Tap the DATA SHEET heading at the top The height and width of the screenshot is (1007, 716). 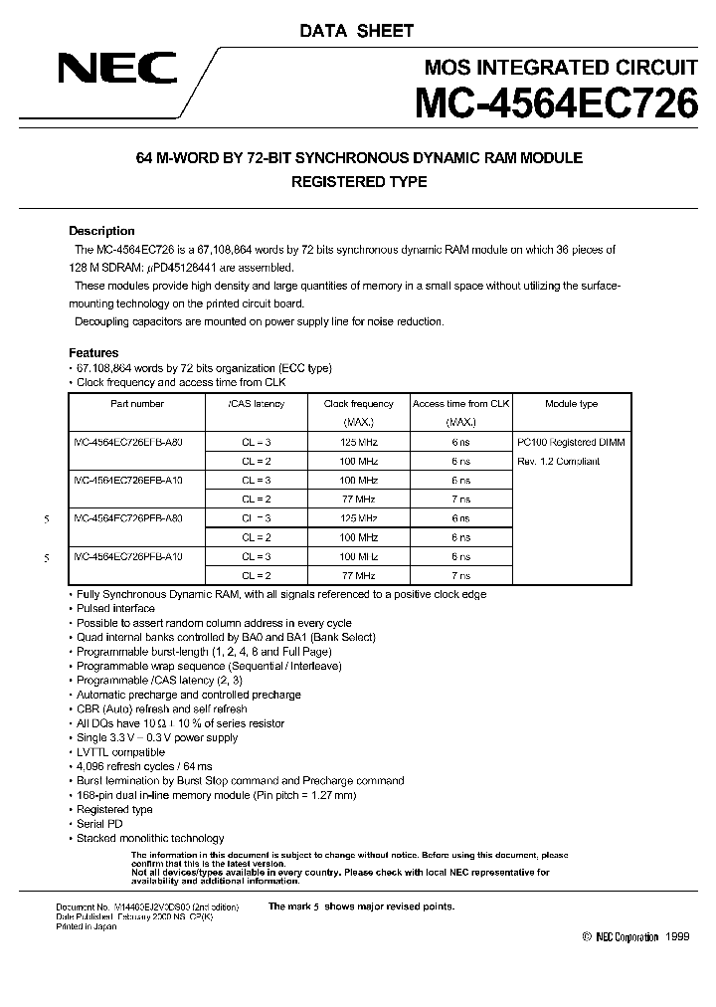pyautogui.click(x=357, y=31)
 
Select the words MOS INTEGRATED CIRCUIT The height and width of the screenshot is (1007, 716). pyautogui.click(x=560, y=68)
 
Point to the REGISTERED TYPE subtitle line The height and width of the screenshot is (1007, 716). pyautogui.click(x=358, y=182)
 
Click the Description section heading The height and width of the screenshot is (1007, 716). pyautogui.click(x=100, y=231)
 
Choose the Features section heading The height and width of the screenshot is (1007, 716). pyautogui.click(x=93, y=353)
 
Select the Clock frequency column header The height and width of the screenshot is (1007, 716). pyautogui.click(x=358, y=404)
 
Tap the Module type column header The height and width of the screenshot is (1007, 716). pyautogui.click(x=571, y=404)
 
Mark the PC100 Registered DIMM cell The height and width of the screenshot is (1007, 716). pyautogui.click(x=571, y=442)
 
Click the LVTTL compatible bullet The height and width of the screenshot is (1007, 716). pyautogui.click(x=120, y=752)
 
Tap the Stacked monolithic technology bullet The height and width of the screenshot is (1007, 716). pyautogui.click(x=150, y=838)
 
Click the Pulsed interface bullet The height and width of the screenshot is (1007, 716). pyautogui.click(x=115, y=608)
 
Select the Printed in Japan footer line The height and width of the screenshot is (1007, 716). pyautogui.click(x=87, y=926)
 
